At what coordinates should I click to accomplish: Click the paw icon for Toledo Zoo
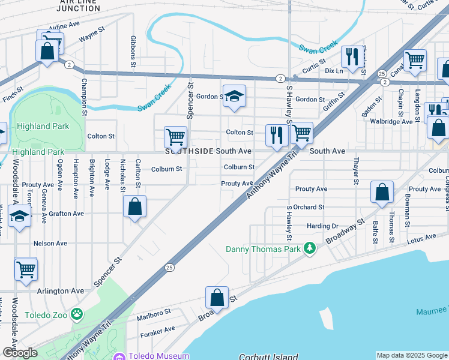coord(76,314)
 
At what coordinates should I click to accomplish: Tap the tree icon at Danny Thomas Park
coord(309,248)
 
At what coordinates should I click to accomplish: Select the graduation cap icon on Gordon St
coord(234,96)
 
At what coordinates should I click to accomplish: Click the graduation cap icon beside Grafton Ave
coord(20,217)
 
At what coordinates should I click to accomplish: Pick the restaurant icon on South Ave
coord(276,135)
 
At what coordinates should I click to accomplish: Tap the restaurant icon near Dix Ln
coord(351,56)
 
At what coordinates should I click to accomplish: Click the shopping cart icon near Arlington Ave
coord(26,269)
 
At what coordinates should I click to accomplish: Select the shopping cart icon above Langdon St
coord(415,60)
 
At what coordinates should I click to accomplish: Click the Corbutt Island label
coord(268,356)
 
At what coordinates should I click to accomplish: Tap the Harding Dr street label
coord(323,226)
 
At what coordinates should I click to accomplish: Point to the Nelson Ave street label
coord(50,243)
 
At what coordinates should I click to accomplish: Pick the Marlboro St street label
coord(154,312)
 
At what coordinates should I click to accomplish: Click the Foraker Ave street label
coord(157,329)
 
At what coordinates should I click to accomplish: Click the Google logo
coord(20,352)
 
